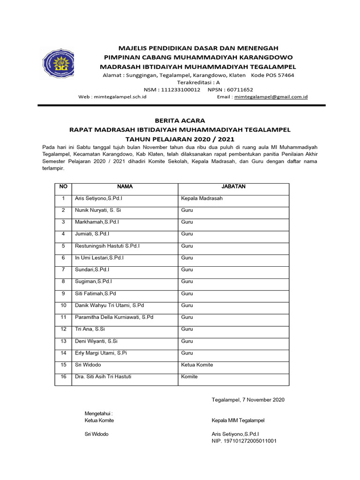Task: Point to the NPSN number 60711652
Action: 240,89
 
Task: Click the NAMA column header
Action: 125,187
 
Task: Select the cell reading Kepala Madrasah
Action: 202,198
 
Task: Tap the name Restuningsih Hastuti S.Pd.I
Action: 107,246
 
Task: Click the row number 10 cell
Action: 63,305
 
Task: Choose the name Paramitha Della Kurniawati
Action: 114,317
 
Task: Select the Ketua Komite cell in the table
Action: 197,365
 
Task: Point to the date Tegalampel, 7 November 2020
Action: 248,400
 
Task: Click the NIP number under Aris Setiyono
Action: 244,441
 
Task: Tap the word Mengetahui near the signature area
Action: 98,413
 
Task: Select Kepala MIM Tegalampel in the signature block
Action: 238,420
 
